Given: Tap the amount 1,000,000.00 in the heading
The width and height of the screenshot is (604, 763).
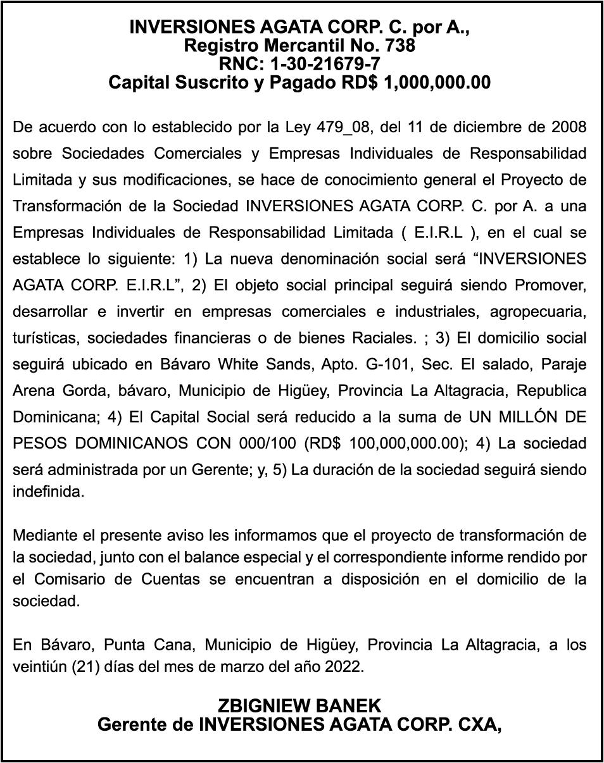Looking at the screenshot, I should (437, 83).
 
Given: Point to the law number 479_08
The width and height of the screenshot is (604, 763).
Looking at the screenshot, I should (341, 127).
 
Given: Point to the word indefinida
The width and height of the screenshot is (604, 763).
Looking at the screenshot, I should (49, 492).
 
